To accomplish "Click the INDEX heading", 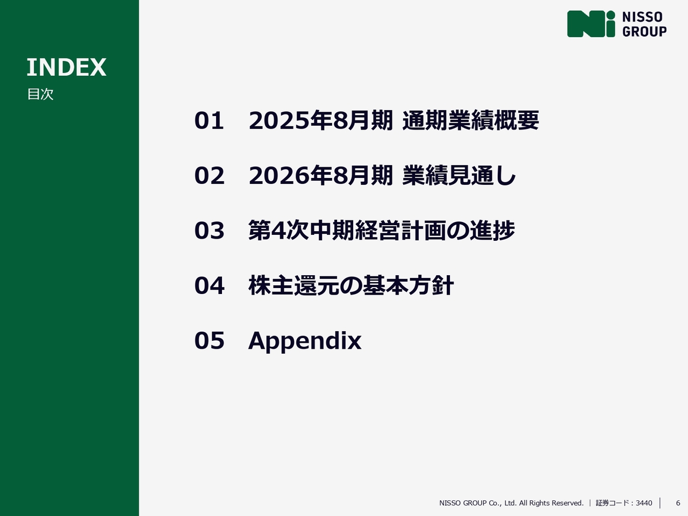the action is (67, 67).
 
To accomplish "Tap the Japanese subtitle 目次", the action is (40, 94).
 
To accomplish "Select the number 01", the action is (209, 120).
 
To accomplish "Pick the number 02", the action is (210, 175).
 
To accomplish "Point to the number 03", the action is (210, 231).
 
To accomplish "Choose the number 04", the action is (210, 285).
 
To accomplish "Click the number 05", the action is (210, 341).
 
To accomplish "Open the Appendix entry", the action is (305, 341).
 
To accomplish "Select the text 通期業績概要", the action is (470, 120).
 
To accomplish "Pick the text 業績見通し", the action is (459, 175).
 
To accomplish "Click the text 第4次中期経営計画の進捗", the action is (382, 230).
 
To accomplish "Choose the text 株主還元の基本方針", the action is (351, 285).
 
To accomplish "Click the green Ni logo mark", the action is (591, 24).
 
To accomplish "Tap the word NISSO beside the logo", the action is (642, 17).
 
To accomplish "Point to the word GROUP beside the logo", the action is (644, 31).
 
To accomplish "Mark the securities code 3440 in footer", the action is (644, 503).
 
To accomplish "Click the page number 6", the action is (678, 503).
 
